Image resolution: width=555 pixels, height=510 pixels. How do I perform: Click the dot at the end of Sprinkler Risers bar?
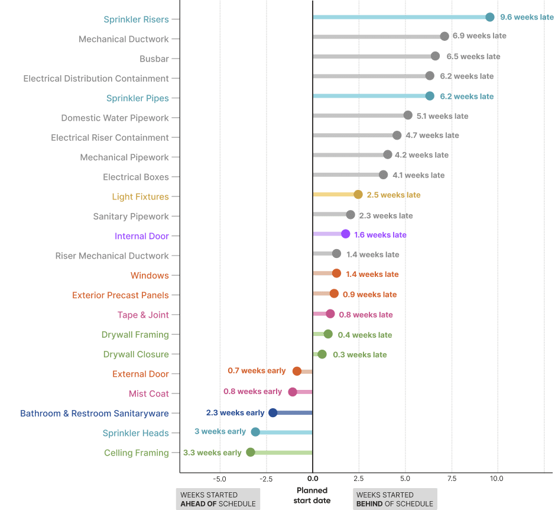tap(489, 17)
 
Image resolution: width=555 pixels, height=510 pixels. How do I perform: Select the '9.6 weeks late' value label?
tap(527, 17)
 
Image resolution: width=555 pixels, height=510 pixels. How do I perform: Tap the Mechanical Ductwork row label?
tap(124, 39)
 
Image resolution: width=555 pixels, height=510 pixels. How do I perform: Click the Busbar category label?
tap(154, 59)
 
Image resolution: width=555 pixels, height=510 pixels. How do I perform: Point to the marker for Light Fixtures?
tap(358, 195)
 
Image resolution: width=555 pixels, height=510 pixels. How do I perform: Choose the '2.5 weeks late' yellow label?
tap(393, 195)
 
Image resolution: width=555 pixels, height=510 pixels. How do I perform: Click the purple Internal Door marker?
tap(345, 234)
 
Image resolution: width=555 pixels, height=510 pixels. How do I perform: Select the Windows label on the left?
tap(150, 276)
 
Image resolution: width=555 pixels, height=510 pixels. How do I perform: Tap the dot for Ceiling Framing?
tap(251, 452)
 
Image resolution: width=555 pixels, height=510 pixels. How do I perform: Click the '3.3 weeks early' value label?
tap(212, 453)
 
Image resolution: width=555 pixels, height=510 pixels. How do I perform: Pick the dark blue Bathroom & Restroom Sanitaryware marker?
tap(272, 413)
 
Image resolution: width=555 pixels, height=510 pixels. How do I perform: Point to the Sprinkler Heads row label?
tap(135, 433)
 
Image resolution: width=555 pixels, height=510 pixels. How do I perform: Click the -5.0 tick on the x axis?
tap(219, 478)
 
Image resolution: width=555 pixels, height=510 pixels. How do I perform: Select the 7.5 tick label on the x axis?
tap(452, 478)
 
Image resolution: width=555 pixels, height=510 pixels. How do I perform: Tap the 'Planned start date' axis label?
tap(312, 495)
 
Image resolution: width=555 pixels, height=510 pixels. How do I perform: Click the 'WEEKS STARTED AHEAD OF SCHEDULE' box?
tap(218, 499)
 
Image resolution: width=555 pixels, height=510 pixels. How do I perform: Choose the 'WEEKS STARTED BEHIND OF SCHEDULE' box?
tap(394, 499)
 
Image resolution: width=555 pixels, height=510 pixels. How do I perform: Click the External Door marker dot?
tap(297, 371)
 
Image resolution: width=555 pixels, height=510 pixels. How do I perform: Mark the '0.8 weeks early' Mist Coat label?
tap(252, 392)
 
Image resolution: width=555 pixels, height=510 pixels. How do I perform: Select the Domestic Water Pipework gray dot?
tap(408, 115)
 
